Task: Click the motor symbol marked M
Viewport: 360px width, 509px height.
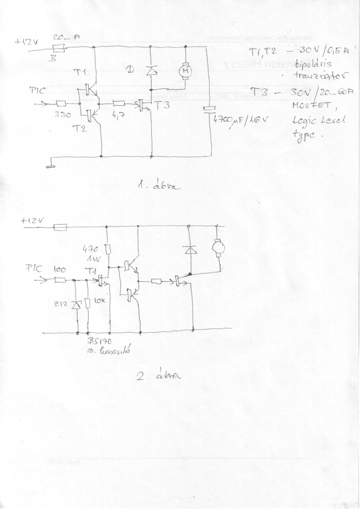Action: tap(185, 72)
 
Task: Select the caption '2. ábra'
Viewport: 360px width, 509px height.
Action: tap(159, 375)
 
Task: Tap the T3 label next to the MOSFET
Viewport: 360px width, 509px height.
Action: tap(162, 105)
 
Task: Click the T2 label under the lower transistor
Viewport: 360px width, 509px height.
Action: tap(79, 129)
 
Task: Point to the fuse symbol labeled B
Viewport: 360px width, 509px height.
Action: tap(59, 48)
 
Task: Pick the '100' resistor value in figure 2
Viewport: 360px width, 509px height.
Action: tap(60, 269)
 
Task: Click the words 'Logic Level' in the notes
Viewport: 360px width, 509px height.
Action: tap(315, 121)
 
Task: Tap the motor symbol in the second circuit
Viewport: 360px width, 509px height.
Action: tap(218, 247)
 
